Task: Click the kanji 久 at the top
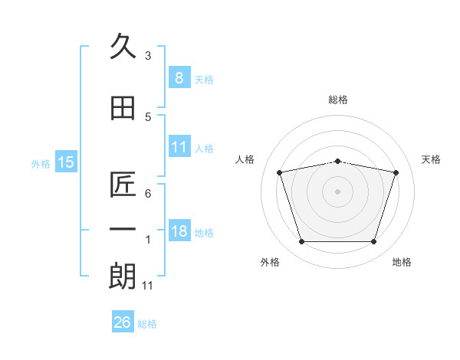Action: coord(123,47)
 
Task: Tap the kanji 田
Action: coord(123,109)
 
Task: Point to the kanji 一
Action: coord(123,230)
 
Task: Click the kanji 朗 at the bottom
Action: coord(123,277)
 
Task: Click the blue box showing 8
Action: coord(179,78)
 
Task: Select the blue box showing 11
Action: coord(179,147)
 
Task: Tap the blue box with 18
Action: coord(179,231)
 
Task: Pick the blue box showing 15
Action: coord(66,162)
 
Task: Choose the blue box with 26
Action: coord(122,322)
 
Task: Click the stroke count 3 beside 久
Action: coord(147,56)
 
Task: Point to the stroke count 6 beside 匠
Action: coord(147,193)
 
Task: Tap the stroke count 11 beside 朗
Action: coord(149,286)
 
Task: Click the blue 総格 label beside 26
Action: coord(147,324)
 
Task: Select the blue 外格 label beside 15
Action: coord(41,163)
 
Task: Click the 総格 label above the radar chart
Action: coord(338,100)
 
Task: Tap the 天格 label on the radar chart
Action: coord(431,159)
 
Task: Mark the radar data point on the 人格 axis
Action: coord(280,172)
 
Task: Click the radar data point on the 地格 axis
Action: coord(373,242)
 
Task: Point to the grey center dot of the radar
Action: coord(337,191)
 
